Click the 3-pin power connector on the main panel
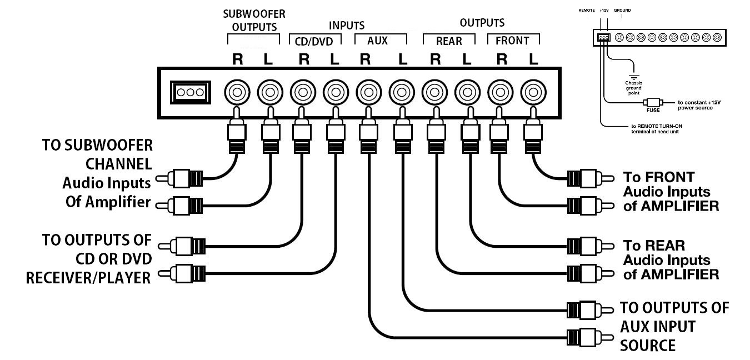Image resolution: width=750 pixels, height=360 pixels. coord(190,92)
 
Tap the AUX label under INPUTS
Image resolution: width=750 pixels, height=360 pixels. coord(378,41)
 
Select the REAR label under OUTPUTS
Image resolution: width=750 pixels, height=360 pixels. coord(449,41)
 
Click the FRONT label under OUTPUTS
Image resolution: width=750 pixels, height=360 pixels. coord(512,41)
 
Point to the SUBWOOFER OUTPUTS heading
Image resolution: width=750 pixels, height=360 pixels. coord(254,20)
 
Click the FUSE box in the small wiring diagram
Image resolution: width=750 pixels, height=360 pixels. coord(652,103)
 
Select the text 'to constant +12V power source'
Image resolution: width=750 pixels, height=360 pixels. coord(696,105)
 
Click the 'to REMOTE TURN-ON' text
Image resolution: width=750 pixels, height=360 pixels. coord(642,127)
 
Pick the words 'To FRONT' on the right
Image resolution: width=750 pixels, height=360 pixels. coord(651,177)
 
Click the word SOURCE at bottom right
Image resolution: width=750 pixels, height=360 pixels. coord(647,345)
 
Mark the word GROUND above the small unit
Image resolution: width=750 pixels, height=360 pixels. coord(622,10)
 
